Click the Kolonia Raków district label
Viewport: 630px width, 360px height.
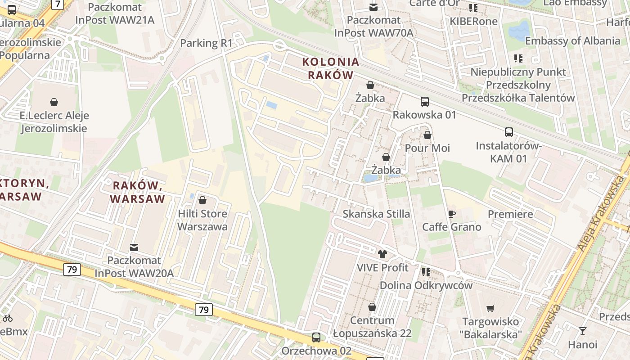tap(331, 68)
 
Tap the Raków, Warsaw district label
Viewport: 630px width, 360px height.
tap(137, 192)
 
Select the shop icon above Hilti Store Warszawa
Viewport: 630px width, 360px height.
tap(202, 200)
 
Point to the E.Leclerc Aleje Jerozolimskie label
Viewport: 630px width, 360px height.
tap(54, 122)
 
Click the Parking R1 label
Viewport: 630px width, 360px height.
tap(206, 43)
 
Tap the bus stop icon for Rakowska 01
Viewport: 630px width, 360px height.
tap(424, 102)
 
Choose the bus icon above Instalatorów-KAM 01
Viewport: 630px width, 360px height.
tap(508, 132)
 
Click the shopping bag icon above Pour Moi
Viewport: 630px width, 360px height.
tap(427, 135)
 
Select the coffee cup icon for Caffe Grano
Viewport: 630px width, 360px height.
tap(451, 214)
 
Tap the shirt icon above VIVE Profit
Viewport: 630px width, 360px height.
tap(382, 254)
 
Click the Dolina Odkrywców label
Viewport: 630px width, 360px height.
tap(426, 285)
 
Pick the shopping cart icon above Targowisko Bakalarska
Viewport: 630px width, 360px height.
tap(490, 309)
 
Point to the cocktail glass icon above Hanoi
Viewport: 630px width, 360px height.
tap(583, 331)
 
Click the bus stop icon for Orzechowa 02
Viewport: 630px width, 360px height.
tap(316, 337)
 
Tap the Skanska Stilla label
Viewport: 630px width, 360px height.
tap(376, 214)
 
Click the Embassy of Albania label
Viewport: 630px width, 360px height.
tap(572, 41)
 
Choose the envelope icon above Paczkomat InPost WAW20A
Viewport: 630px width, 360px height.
tap(134, 247)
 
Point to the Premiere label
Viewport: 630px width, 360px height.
tap(510, 214)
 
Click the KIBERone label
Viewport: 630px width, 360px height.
tap(473, 21)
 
